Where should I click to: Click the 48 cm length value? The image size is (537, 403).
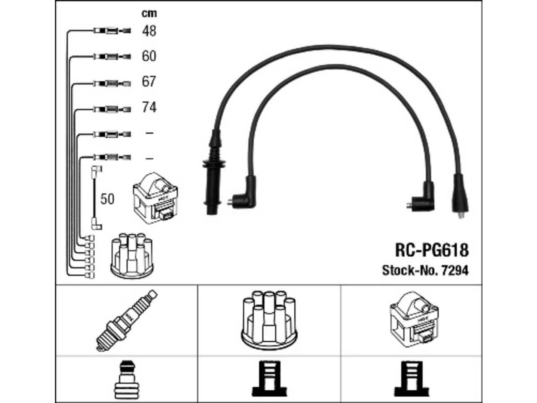(149, 31)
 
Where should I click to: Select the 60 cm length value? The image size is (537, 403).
(149, 56)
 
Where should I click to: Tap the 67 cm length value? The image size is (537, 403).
(149, 81)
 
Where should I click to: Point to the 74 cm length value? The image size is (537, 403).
(149, 107)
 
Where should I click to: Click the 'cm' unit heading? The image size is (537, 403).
(149, 13)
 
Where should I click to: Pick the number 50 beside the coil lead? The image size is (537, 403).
(107, 199)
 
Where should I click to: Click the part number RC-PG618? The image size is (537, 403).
(432, 250)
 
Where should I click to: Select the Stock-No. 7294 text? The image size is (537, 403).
(425, 271)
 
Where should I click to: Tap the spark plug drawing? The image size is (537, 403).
(127, 321)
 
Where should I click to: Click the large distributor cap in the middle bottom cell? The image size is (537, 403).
(269, 320)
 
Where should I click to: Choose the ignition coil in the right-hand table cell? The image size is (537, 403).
(414, 319)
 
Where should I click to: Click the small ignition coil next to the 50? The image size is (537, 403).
(155, 198)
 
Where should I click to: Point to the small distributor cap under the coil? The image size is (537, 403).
(132, 256)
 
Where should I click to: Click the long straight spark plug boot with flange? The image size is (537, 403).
(214, 173)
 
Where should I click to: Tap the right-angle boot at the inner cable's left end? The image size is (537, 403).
(245, 193)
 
